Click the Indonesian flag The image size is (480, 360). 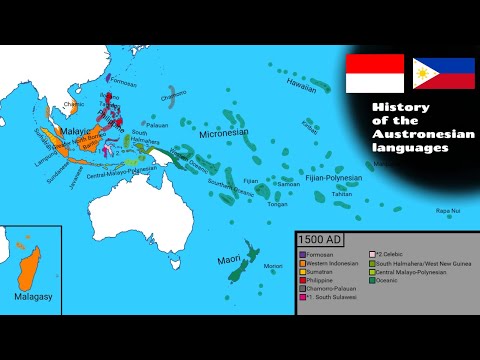[x=374, y=72]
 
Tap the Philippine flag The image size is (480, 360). [x=443, y=72]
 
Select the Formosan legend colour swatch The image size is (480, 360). [x=302, y=255]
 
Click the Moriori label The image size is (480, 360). [x=272, y=266]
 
